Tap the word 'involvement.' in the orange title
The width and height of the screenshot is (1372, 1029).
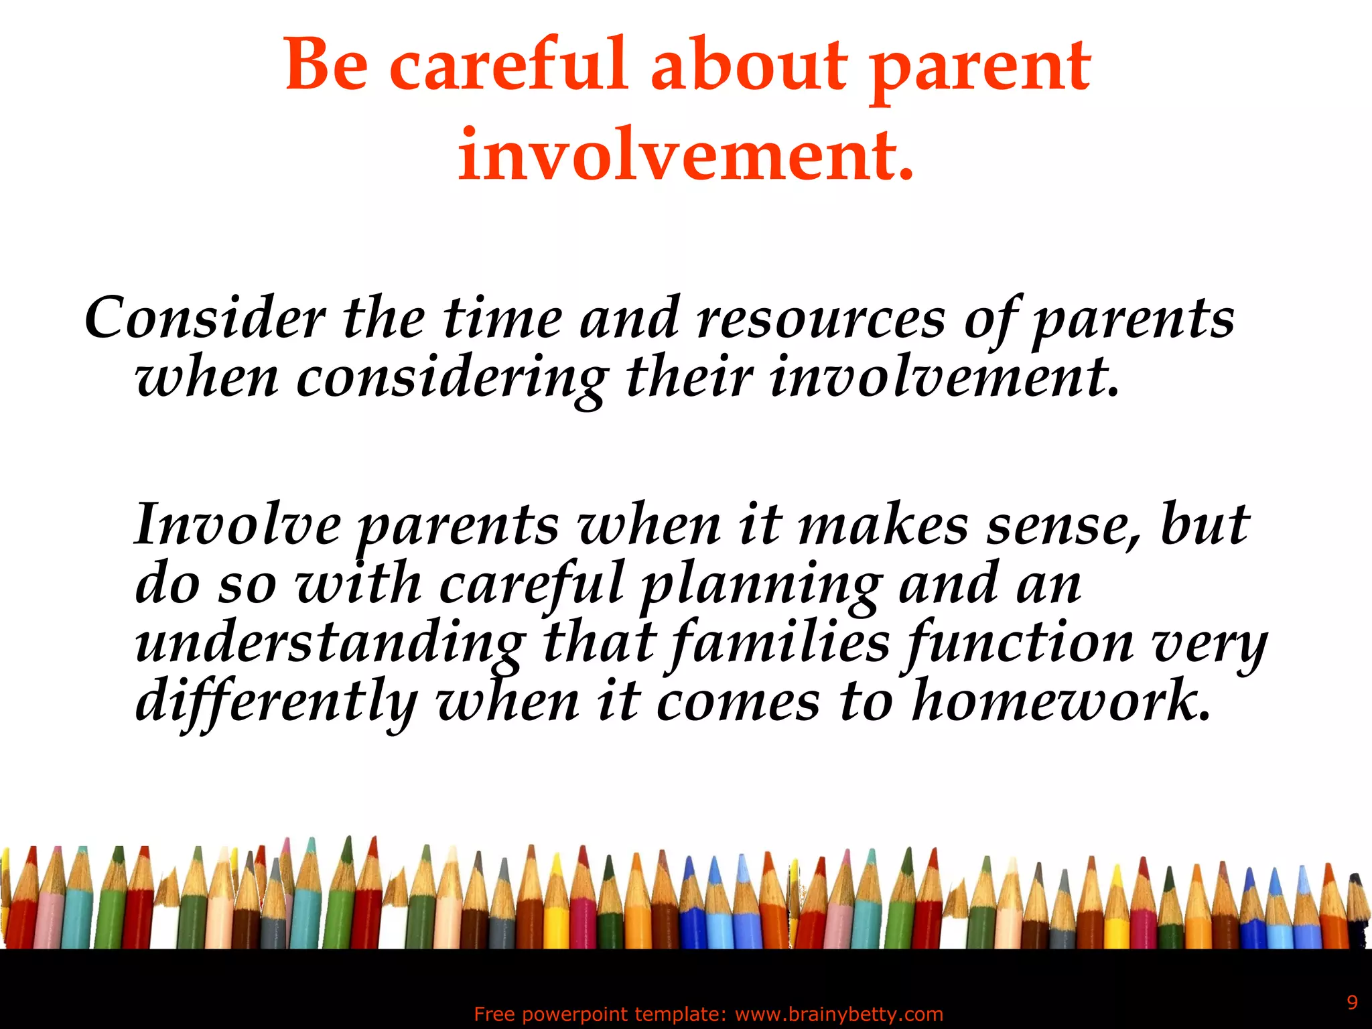click(x=685, y=155)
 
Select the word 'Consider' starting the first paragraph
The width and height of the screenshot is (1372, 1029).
click(x=205, y=318)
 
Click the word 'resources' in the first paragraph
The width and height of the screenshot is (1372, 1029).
click(x=821, y=318)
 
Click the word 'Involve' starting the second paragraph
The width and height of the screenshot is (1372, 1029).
click(x=237, y=525)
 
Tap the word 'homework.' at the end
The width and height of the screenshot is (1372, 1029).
click(x=1061, y=701)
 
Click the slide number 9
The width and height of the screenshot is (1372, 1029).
click(x=1352, y=1002)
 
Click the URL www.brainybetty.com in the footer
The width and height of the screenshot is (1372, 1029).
click(x=839, y=1014)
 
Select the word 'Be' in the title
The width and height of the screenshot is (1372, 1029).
click(x=327, y=66)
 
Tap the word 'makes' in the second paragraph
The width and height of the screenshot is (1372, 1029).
click(x=883, y=525)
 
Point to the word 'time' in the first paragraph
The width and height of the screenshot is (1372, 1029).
click(x=502, y=318)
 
